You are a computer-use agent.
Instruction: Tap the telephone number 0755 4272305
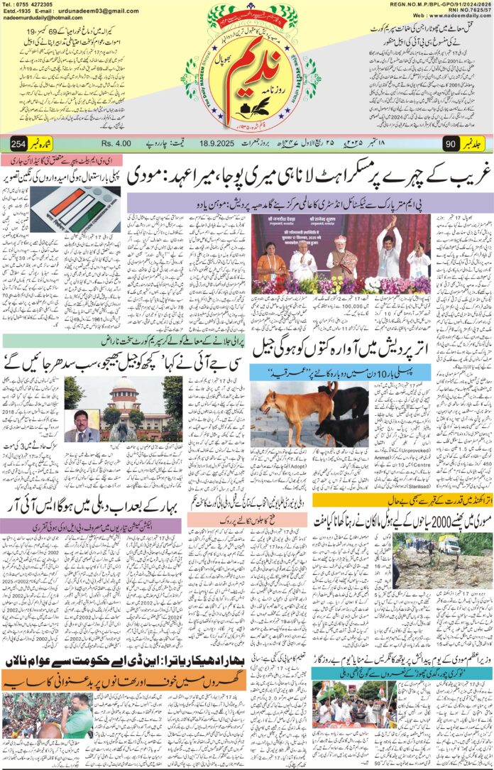pyautogui.click(x=33, y=4)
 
